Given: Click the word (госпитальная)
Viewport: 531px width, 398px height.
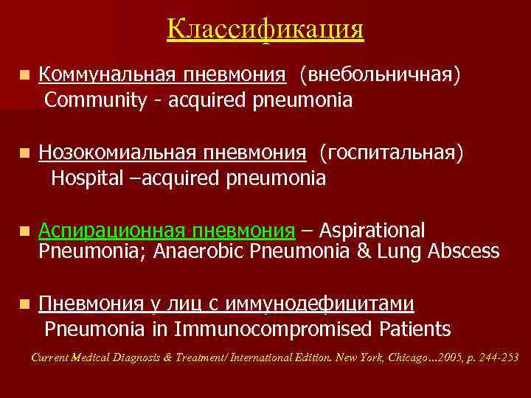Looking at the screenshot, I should pyautogui.click(x=391, y=153).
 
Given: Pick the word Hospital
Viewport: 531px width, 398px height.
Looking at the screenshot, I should pyautogui.click(x=88, y=178).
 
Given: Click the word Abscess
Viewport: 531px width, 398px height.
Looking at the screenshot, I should pyautogui.click(x=463, y=252).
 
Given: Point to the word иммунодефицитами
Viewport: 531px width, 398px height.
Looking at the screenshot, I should pyautogui.click(x=327, y=304).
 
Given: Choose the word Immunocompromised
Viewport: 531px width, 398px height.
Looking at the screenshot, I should pyautogui.click(x=280, y=329).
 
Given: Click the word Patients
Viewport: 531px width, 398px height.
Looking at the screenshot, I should pyautogui.click(x=414, y=329).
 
